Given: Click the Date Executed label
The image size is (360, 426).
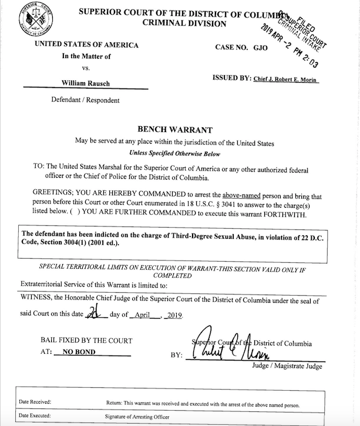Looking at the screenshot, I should click(35, 416).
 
